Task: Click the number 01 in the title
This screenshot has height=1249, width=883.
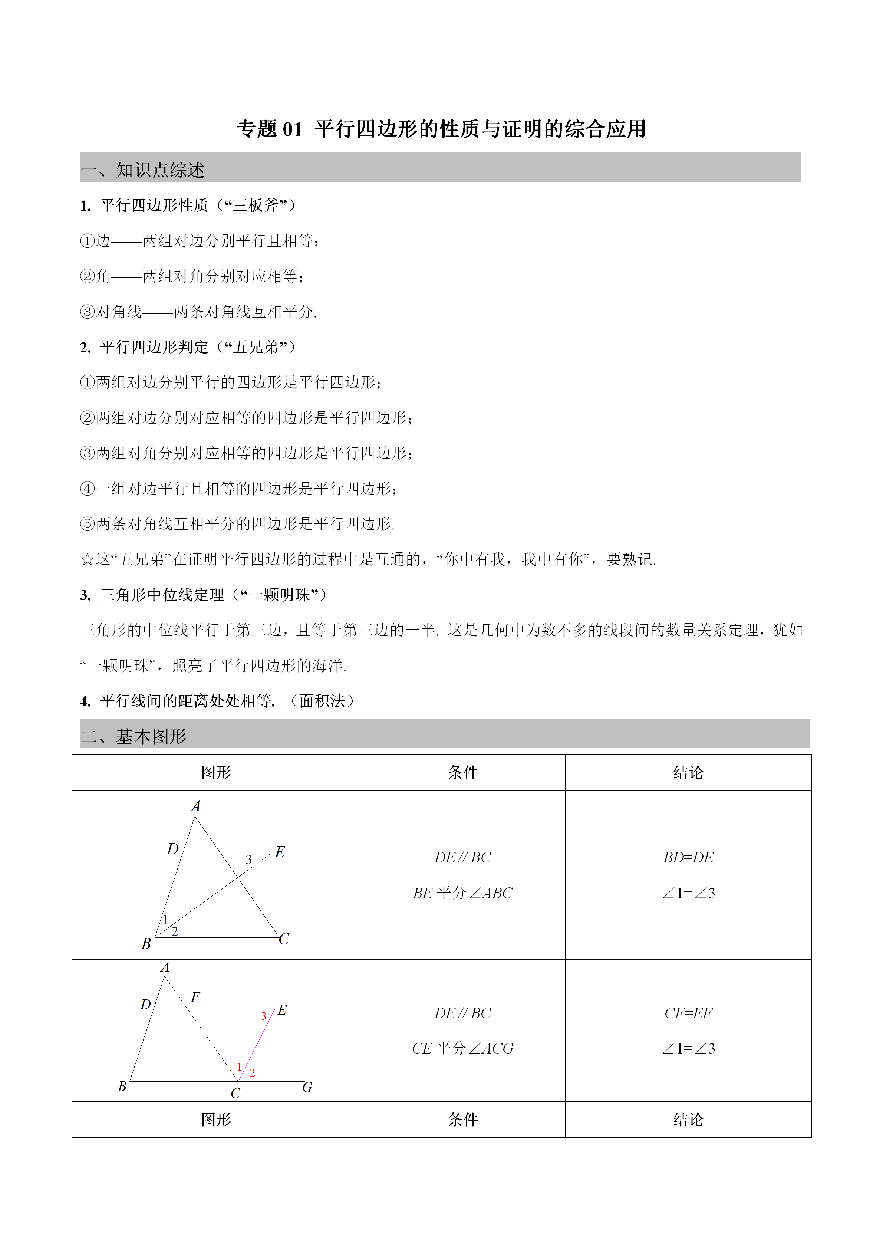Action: coord(292,129)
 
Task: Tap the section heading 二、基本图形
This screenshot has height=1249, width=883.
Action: coord(134,736)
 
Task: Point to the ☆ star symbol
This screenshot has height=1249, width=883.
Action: coord(87,559)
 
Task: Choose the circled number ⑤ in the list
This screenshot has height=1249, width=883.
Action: coord(88,524)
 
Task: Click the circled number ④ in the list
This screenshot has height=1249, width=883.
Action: coord(88,489)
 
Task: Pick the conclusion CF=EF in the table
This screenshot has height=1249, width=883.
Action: coord(688,1013)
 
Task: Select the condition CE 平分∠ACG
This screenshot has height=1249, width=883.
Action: coord(462,1048)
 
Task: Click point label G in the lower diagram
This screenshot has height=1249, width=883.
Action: coord(307,1087)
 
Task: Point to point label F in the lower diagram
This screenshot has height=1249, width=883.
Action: coord(195,997)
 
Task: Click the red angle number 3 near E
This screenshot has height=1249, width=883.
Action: coord(264,1016)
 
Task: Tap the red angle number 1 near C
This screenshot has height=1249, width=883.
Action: coord(239,1067)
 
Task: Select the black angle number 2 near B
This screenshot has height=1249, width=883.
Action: coord(175,931)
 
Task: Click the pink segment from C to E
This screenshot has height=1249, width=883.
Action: coord(257,1045)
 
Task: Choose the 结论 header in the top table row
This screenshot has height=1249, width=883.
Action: coord(688,772)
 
